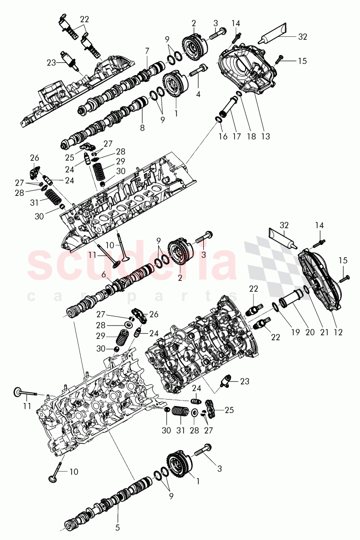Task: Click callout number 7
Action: point(147,51)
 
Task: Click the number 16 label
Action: point(223,136)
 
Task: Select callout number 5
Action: point(118,528)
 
